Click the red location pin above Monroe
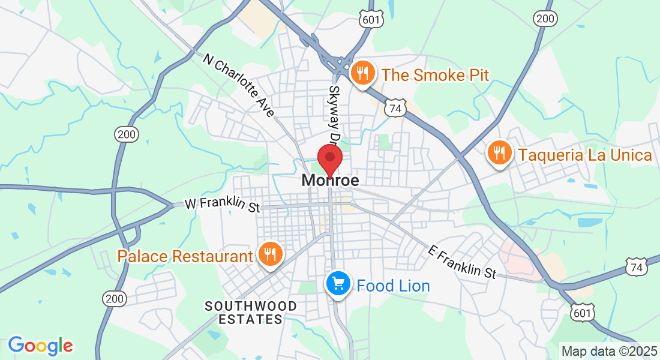pyautogui.click(x=329, y=158)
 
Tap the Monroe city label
pyautogui.click(x=331, y=180)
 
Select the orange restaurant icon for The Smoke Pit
pyautogui.click(x=362, y=73)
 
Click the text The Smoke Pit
pyautogui.click(x=435, y=75)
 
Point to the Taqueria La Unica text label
pyautogui.click(x=585, y=155)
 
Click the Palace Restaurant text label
pyautogui.click(x=185, y=257)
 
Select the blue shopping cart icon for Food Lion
pyautogui.click(x=338, y=284)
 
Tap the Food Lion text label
pyautogui.click(x=393, y=286)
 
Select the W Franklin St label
pyautogui.click(x=222, y=205)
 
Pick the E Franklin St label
pyautogui.click(x=463, y=262)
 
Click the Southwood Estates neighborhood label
pyautogui.click(x=251, y=313)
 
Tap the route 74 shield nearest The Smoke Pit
pyautogui.click(x=395, y=109)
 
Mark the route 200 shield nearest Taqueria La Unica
pyautogui.click(x=545, y=19)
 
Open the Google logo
pyautogui.click(x=40, y=345)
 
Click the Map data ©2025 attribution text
pyautogui.click(x=608, y=351)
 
